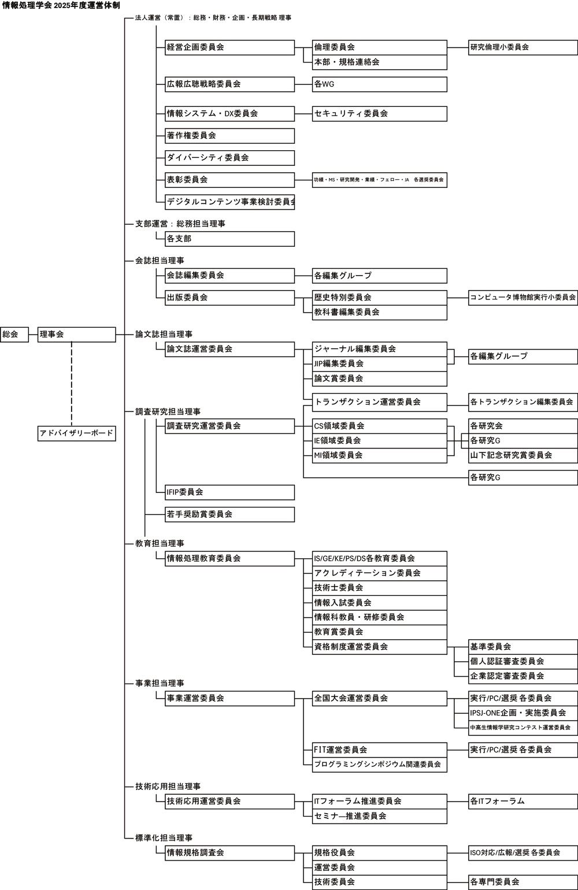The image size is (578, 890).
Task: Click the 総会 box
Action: click(14, 335)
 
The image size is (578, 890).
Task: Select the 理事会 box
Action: click(77, 335)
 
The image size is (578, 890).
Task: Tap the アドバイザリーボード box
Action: click(77, 433)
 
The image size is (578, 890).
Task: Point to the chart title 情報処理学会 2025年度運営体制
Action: click(61, 5)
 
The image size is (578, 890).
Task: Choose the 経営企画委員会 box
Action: click(229, 47)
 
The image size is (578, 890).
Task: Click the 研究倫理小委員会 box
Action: click(523, 47)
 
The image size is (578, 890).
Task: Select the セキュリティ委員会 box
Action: click(379, 114)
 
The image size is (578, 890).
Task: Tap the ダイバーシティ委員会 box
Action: click(229, 158)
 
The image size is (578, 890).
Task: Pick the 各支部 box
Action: click(229, 239)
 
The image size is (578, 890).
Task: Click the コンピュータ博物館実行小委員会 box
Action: click(523, 298)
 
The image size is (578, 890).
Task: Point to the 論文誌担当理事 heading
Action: click(164, 335)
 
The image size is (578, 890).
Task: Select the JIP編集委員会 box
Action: click(379, 364)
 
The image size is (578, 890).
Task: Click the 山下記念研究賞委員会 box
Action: click(523, 455)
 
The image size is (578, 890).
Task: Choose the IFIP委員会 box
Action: click(229, 492)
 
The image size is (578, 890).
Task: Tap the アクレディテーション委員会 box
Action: click(379, 573)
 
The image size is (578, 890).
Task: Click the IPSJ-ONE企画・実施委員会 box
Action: click(523, 713)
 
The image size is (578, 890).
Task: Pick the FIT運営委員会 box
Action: click(379, 750)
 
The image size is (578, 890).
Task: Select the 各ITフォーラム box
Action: click(523, 801)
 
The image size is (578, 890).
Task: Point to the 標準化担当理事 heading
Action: click(164, 838)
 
